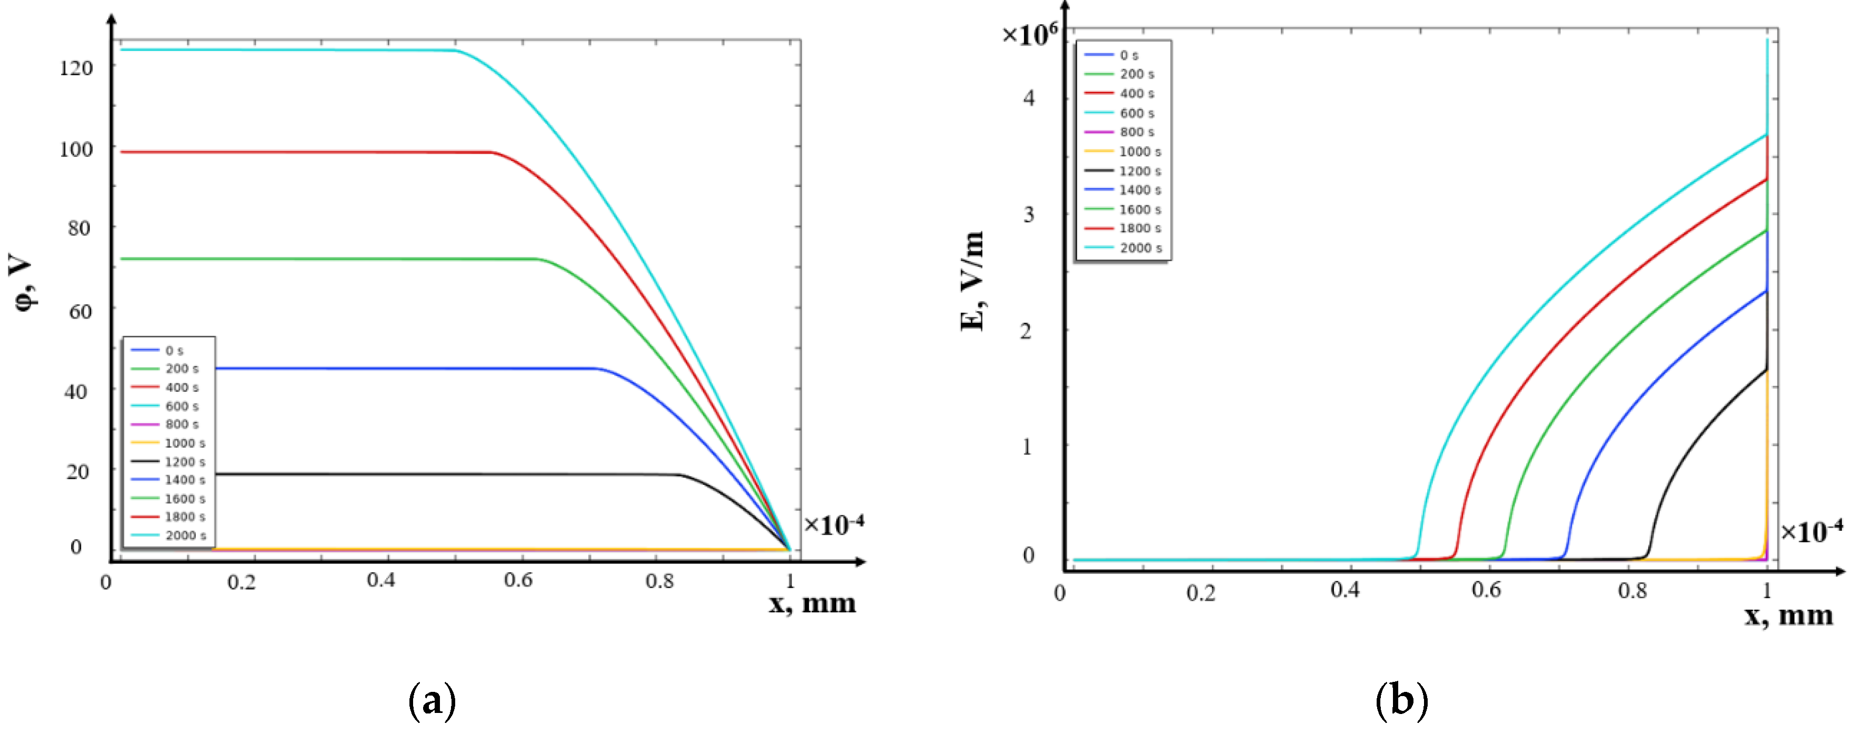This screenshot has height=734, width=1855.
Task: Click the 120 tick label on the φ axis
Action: pyautogui.click(x=76, y=68)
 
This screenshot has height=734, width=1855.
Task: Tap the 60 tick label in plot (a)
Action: pyautogui.click(x=80, y=312)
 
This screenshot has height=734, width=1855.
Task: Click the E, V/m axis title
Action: pyautogui.click(x=972, y=281)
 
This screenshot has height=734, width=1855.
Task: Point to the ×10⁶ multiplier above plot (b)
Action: pyautogui.click(x=1030, y=34)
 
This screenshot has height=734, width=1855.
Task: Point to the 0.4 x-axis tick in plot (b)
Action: pyautogui.click(x=1345, y=591)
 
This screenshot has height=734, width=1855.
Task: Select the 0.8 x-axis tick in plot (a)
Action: pyautogui.click(x=659, y=581)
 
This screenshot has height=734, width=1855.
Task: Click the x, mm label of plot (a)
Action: pyautogui.click(x=811, y=603)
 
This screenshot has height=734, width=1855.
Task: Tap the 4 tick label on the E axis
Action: pyautogui.click(x=1029, y=98)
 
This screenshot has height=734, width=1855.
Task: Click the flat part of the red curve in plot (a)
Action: pyautogui.click(x=303, y=152)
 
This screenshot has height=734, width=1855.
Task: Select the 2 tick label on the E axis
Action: pyautogui.click(x=1026, y=331)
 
